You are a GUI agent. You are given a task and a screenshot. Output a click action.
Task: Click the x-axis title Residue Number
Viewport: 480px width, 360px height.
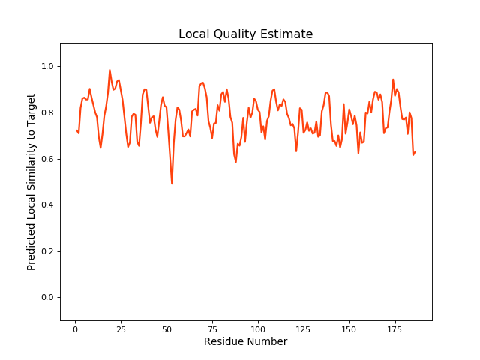pyautogui.click(x=245, y=342)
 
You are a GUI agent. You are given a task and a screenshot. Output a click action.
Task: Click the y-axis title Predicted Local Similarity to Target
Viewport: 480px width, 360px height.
pyautogui.click(x=31, y=182)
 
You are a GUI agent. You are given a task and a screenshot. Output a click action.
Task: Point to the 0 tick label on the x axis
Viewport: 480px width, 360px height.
pyautogui.click(x=75, y=329)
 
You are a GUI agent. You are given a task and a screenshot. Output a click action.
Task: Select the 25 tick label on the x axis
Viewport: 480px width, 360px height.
pyautogui.click(x=121, y=329)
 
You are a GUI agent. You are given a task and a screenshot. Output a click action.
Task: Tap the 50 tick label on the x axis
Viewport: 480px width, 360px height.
pyautogui.click(x=166, y=329)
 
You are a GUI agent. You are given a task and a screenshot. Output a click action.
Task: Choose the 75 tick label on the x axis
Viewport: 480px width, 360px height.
pyautogui.click(x=212, y=329)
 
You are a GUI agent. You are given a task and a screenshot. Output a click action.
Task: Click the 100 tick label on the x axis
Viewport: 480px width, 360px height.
pyautogui.click(x=258, y=329)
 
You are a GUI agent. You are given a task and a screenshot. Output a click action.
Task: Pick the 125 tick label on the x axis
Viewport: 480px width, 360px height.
pyautogui.click(x=304, y=329)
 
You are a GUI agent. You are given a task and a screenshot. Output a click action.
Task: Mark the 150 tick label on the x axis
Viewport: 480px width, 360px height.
pyautogui.click(x=349, y=329)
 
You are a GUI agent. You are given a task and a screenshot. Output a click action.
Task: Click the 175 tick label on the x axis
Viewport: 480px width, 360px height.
pyautogui.click(x=395, y=329)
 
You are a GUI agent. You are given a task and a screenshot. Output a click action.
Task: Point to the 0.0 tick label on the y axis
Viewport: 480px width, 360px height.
pyautogui.click(x=46, y=298)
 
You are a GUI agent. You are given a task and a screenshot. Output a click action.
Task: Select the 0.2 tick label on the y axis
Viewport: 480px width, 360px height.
pyautogui.click(x=46, y=251)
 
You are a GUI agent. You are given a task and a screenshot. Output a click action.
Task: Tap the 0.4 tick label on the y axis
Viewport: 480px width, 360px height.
pyautogui.click(x=46, y=205)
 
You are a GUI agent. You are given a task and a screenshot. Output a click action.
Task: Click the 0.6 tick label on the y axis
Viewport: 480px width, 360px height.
pyautogui.click(x=46, y=159)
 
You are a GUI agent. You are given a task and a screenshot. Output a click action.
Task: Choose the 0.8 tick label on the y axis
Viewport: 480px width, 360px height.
pyautogui.click(x=46, y=113)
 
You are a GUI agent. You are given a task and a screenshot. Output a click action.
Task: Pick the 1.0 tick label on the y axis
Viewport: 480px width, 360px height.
pyautogui.click(x=46, y=67)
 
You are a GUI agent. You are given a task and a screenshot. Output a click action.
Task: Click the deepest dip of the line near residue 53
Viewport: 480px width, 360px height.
pyautogui.click(x=172, y=184)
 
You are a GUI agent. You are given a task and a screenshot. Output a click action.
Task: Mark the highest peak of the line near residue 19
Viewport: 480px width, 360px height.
pyautogui.click(x=109, y=70)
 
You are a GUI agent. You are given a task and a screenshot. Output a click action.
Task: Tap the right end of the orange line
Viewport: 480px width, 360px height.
pyautogui.click(x=415, y=152)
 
